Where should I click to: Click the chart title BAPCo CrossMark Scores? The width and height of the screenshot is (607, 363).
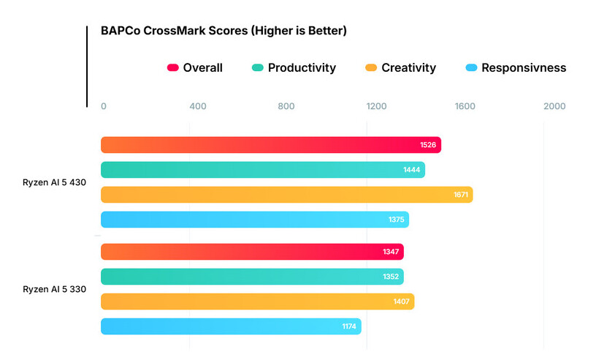224,31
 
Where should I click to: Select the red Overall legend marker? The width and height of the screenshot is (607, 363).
173,68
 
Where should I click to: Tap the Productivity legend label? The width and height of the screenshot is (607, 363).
302,68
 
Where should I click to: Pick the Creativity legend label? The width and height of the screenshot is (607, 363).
408,68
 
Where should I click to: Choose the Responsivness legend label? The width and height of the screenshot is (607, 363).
524,68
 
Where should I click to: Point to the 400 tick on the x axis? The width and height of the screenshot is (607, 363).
197,106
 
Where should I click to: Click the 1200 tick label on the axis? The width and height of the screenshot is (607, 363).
376,106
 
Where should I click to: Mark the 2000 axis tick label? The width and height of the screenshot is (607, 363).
554,106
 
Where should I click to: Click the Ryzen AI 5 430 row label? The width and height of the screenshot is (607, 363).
55,183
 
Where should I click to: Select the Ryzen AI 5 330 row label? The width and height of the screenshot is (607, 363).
55,289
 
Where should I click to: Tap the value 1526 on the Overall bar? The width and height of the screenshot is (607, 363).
428,145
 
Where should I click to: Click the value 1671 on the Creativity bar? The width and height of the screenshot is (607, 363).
460,195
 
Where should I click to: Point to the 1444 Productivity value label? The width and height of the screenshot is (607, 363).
412,170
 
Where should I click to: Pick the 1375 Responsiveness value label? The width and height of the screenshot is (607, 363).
396,220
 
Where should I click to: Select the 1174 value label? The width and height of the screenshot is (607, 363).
349,326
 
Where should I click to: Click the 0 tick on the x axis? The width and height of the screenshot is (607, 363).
104,106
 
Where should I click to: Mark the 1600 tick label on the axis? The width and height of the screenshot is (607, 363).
465,106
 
